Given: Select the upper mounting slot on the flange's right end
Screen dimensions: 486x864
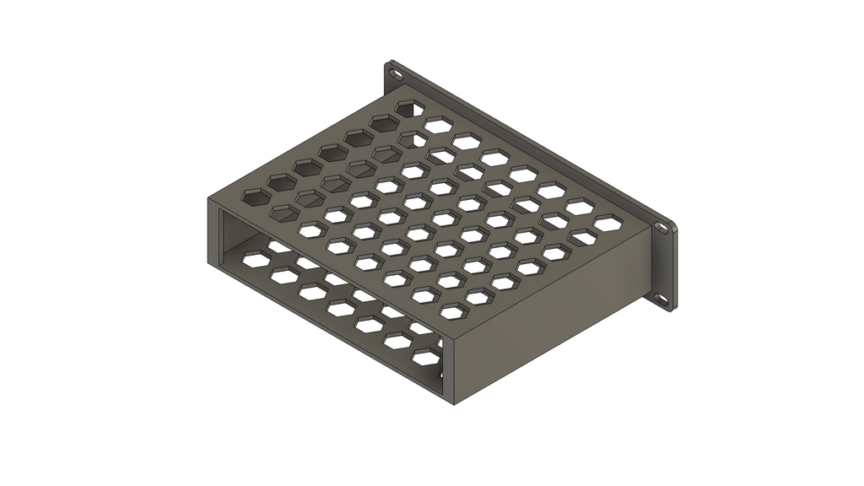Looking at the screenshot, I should click(x=661, y=228).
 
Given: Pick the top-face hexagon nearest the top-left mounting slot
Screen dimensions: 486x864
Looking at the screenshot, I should click(x=410, y=108).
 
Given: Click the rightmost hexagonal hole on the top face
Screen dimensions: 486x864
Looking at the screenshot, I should click(x=606, y=223).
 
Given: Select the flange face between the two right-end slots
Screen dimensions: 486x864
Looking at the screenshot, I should click(x=661, y=262).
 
